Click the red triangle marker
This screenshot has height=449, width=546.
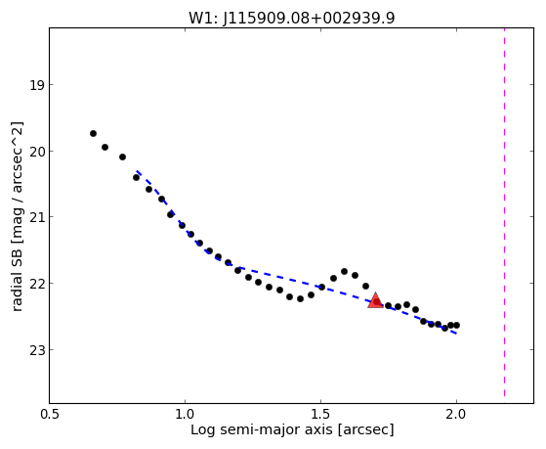point(375,300)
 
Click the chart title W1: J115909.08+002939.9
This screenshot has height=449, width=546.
point(292,19)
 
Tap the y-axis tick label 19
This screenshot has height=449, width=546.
point(37,85)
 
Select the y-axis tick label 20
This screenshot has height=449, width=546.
point(37,152)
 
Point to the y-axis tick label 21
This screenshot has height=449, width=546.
point(37,217)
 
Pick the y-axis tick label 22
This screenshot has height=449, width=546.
point(37,284)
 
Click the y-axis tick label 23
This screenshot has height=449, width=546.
point(37,350)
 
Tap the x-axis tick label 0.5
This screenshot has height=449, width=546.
point(50,414)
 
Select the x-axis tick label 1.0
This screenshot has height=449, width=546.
point(185,414)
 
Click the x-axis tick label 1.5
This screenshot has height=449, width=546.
point(320,414)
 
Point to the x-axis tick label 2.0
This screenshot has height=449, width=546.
point(456,414)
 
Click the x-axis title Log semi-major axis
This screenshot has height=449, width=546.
point(262,429)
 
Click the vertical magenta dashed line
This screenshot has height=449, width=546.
point(504,212)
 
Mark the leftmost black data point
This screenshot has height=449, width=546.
point(93,134)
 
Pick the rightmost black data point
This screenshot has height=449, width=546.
point(456,325)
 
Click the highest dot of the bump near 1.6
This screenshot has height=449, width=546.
point(344,271)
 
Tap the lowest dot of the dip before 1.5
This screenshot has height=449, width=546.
point(300,299)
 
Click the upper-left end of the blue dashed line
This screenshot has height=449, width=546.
point(137,171)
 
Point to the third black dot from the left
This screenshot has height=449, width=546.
point(122,157)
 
